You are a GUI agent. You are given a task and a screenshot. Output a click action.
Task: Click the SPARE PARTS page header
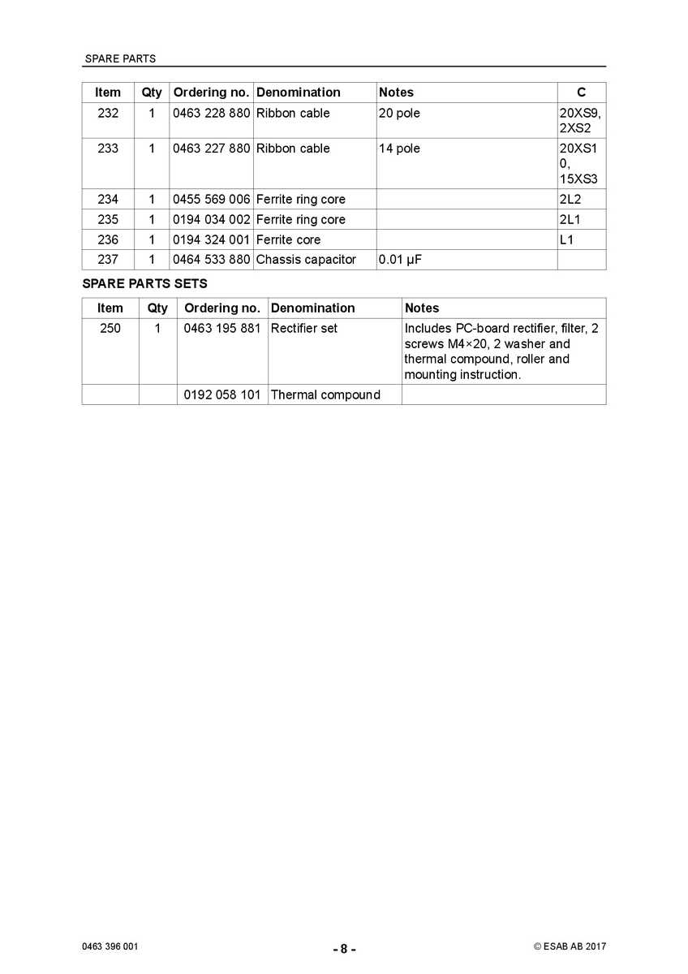tap(120, 58)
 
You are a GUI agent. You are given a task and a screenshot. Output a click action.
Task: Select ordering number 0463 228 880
tap(211, 114)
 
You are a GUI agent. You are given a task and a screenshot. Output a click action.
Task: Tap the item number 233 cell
tap(108, 149)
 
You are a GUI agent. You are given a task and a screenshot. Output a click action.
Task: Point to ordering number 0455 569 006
tap(211, 200)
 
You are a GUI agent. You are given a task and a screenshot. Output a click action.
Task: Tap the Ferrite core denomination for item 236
tap(288, 240)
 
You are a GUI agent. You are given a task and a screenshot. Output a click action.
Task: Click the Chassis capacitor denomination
tap(306, 260)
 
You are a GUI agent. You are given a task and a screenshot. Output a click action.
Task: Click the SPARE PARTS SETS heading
tap(144, 284)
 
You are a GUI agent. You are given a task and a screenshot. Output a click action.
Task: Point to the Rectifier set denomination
tap(304, 329)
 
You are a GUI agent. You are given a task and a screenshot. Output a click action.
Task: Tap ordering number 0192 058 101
tap(222, 395)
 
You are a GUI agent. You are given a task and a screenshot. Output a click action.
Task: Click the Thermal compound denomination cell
tap(325, 395)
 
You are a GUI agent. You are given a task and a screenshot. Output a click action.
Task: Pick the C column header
tap(581, 93)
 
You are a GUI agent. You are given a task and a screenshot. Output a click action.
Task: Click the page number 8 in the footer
tap(344, 949)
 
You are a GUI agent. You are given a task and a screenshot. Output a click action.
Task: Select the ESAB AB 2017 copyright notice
tap(570, 946)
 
